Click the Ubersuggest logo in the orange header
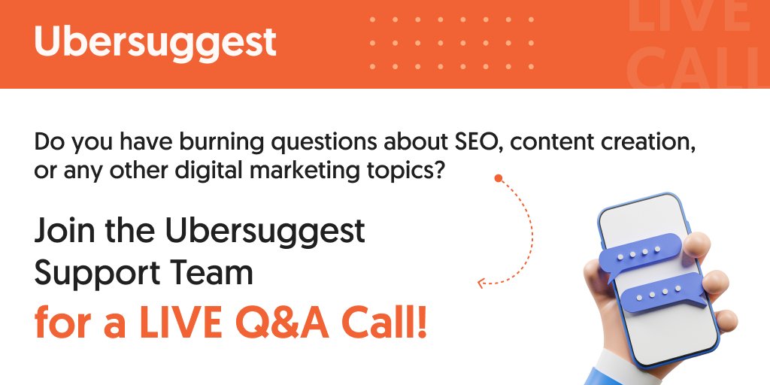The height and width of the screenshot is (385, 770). [x=155, y=42]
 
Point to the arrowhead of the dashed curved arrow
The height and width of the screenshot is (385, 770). [x=482, y=283]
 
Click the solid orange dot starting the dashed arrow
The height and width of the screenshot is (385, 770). [x=497, y=178]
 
